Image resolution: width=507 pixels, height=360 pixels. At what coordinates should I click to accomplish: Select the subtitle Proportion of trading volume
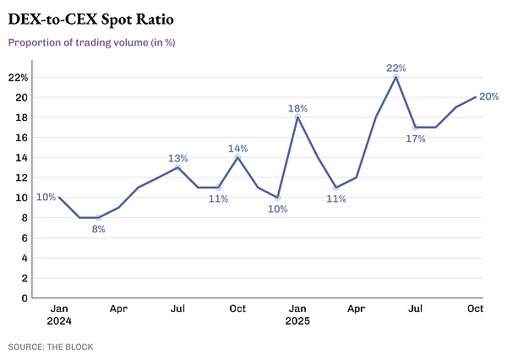pyautogui.click(x=97, y=41)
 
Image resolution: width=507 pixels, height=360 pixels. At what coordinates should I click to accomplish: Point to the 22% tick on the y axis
pyautogui.click(x=18, y=77)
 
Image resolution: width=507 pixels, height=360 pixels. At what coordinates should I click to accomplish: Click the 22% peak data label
pyautogui.click(x=395, y=67)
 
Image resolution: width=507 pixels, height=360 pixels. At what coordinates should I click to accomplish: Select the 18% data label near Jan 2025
pyautogui.click(x=297, y=108)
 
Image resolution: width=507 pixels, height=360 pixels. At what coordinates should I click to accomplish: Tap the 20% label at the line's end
pyautogui.click(x=491, y=97)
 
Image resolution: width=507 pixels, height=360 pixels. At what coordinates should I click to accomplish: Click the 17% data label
pyautogui.click(x=416, y=139)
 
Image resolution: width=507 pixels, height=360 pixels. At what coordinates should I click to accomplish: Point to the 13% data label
pyautogui.click(x=177, y=158)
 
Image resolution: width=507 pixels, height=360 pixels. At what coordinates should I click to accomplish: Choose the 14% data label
pyautogui.click(x=237, y=149)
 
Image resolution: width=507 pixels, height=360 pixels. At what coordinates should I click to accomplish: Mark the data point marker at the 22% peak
pyautogui.click(x=395, y=77)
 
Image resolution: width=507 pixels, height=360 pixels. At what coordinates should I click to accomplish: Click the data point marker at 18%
pyautogui.click(x=297, y=117)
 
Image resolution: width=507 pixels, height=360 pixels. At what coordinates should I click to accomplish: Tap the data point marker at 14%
pyautogui.click(x=237, y=157)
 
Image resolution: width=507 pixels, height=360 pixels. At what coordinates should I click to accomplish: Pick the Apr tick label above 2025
pyautogui.click(x=356, y=310)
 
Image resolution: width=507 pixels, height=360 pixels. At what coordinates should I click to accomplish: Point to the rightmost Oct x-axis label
pyautogui.click(x=475, y=310)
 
